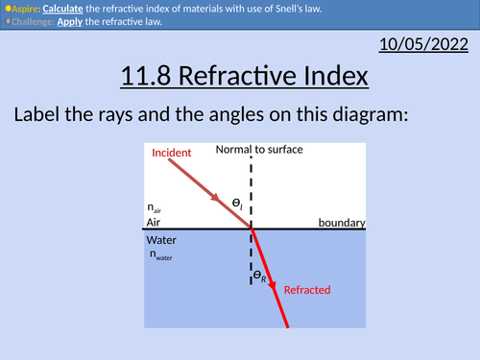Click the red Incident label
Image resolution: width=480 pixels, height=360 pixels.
[x=172, y=153]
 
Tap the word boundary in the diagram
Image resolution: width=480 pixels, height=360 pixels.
[x=342, y=223]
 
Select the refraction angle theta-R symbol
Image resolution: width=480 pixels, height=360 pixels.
[x=259, y=276]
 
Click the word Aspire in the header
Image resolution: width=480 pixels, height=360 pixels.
[x=26, y=8]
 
